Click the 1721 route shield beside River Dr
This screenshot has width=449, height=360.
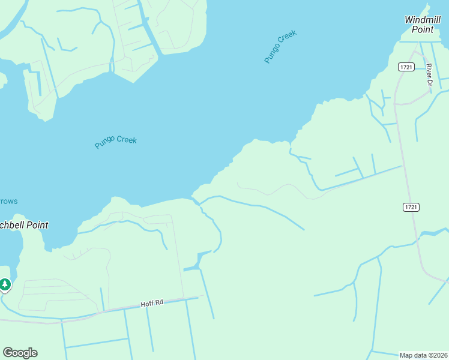pyautogui.click(x=406, y=67)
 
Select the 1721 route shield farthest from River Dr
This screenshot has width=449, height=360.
pyautogui.click(x=411, y=207)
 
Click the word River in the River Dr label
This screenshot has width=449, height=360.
pyautogui.click(x=429, y=70)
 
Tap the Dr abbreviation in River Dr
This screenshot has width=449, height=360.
pyautogui.click(x=429, y=82)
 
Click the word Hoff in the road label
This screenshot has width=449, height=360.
pyautogui.click(x=148, y=305)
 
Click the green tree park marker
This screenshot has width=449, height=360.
pyautogui.click(x=5, y=284)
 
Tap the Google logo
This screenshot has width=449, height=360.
pyautogui.click(x=20, y=353)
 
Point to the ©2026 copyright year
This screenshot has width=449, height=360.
pyautogui.click(x=438, y=355)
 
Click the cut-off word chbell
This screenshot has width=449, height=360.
pyautogui.click(x=12, y=225)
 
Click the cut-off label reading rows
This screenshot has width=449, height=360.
pyautogui.click(x=8, y=201)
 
